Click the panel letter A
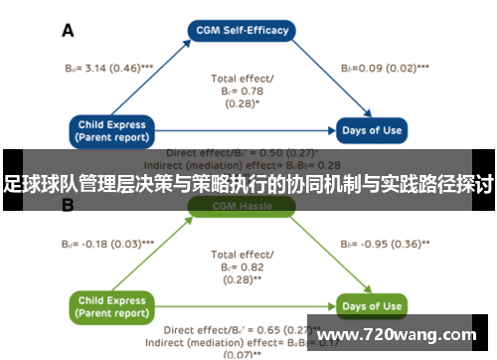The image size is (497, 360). pos(69,31)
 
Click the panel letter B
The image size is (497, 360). pos(69,206)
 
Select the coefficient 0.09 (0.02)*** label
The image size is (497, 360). pos(386,69)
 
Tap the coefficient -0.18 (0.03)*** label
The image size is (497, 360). pos(100,243)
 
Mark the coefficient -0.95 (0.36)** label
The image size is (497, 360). pos(386,243)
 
